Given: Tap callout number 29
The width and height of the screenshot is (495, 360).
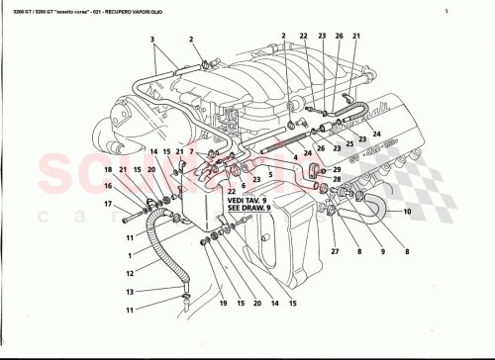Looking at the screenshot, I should pos(337,169).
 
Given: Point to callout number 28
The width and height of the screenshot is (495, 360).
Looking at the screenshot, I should pos(337,180).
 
